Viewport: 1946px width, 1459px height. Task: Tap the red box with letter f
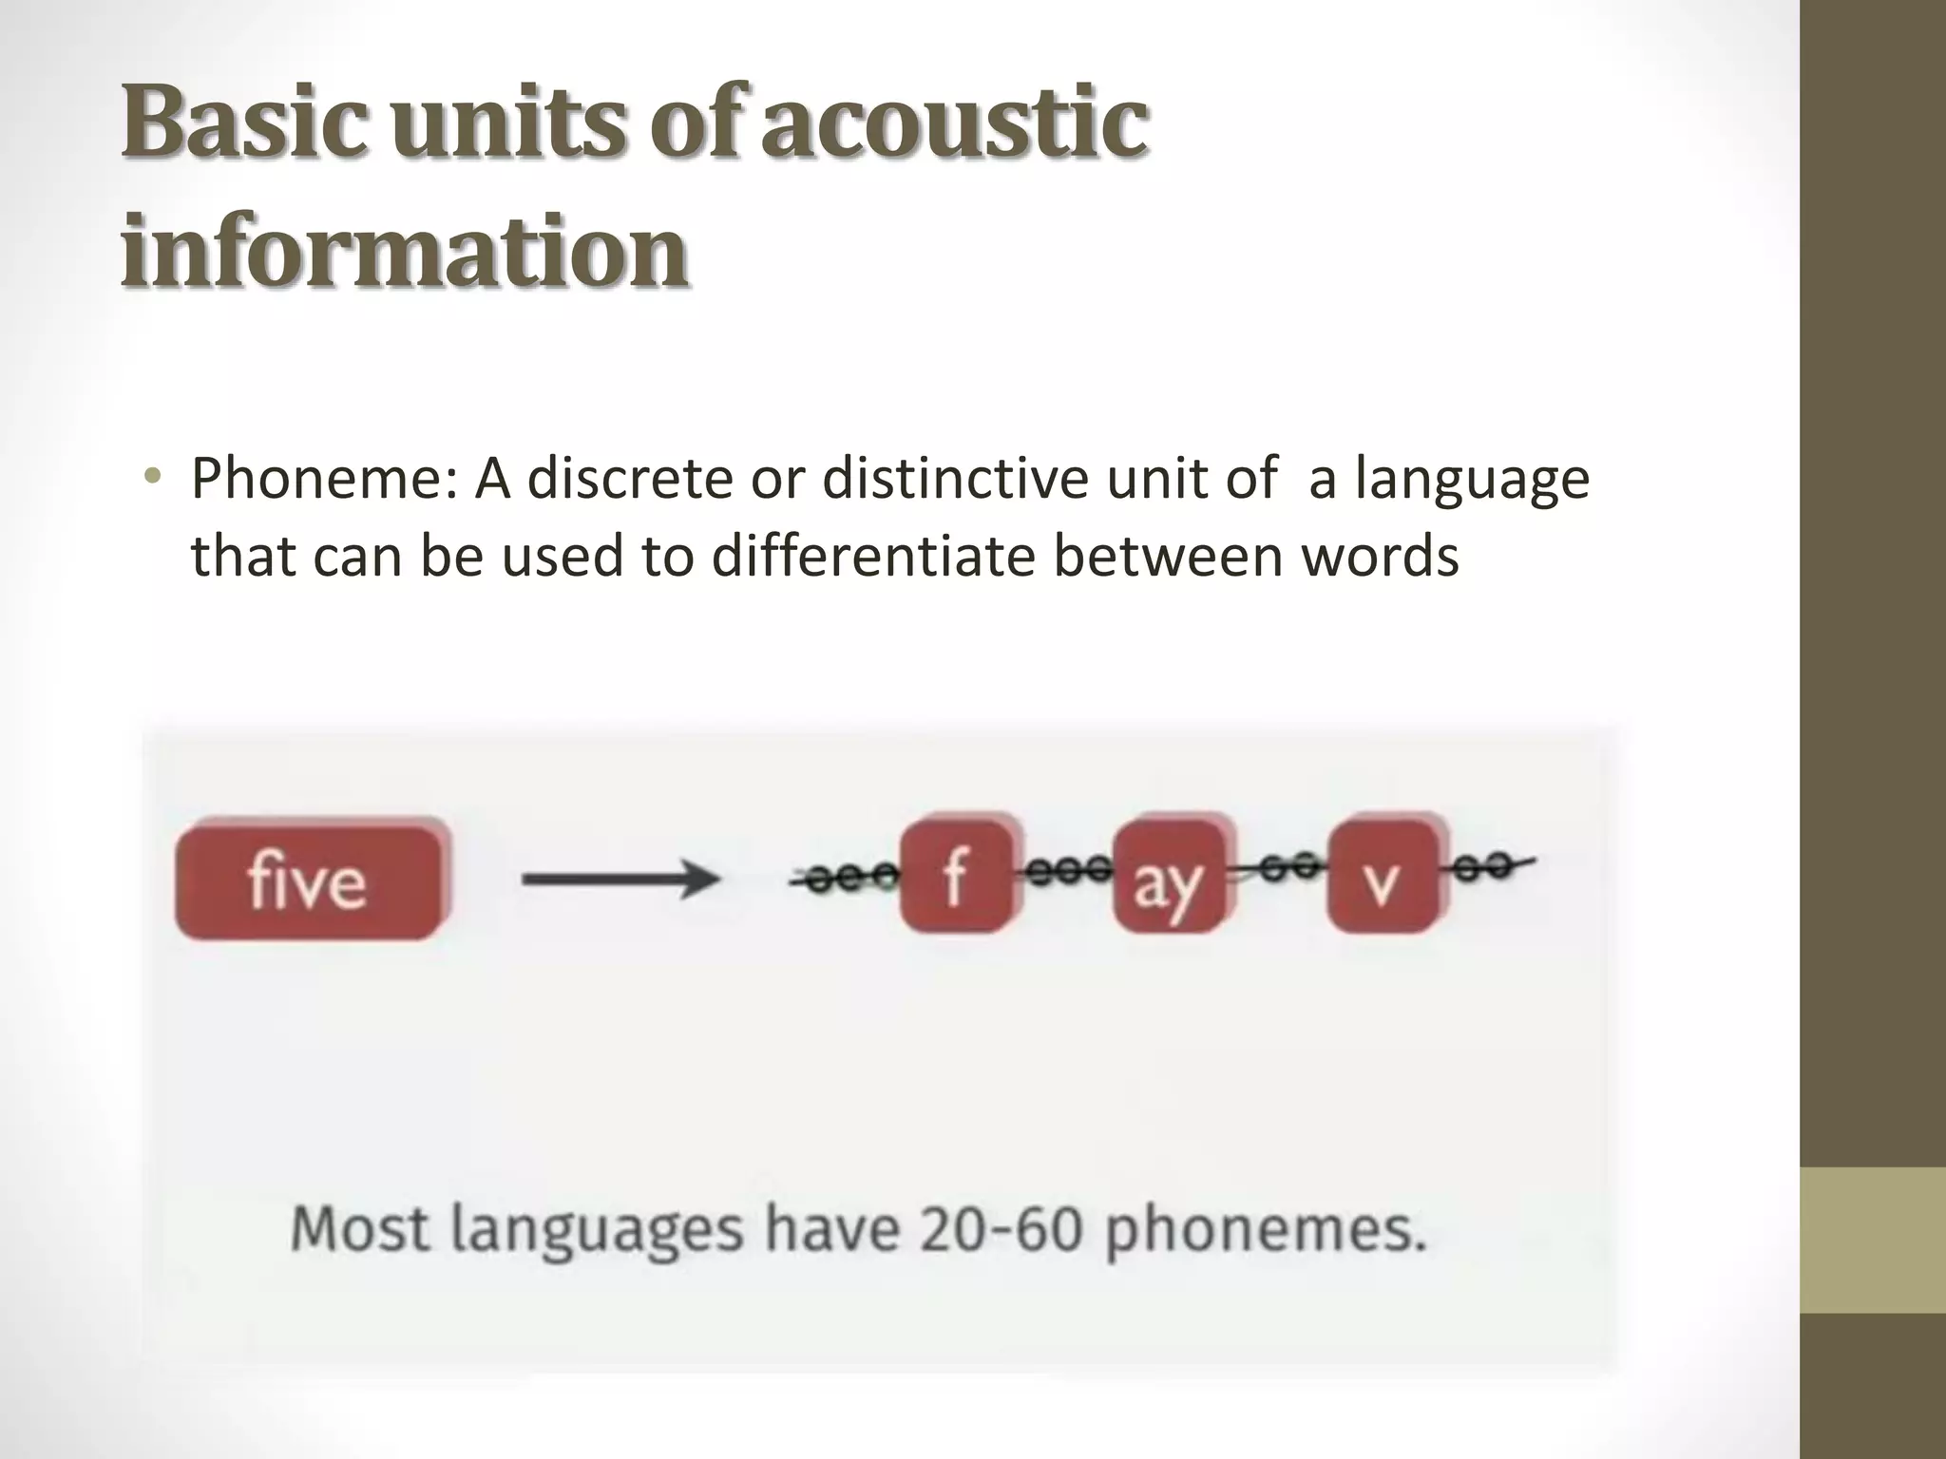pyautogui.click(x=957, y=876)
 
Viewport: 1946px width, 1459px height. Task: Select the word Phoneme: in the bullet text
pyautogui.click(x=325, y=479)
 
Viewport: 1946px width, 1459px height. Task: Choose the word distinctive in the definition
pyautogui.click(x=955, y=478)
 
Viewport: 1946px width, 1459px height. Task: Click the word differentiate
pyautogui.click(x=873, y=557)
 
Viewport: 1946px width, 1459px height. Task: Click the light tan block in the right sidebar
pyautogui.click(x=1873, y=1239)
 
